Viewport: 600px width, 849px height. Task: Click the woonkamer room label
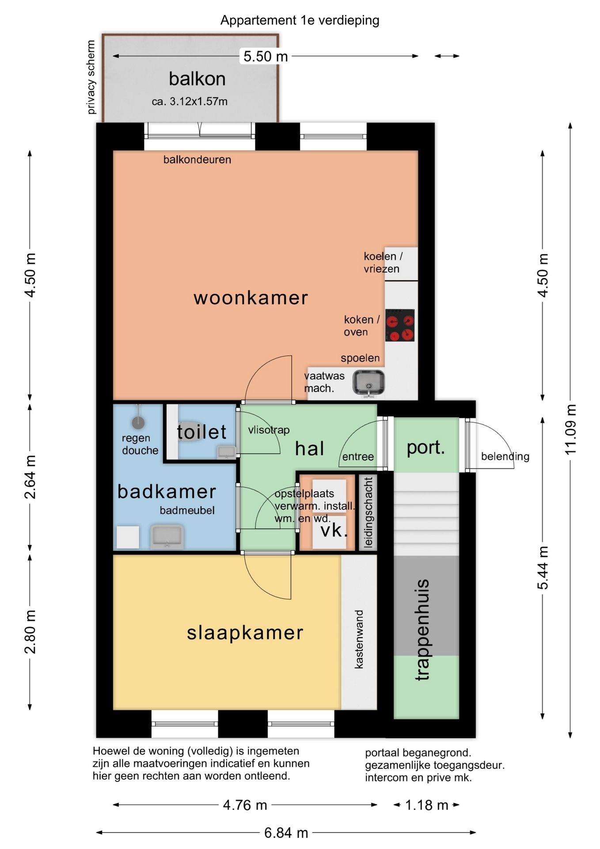(x=251, y=298)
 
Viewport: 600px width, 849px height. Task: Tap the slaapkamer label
(x=245, y=633)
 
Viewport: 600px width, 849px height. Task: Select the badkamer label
(x=167, y=491)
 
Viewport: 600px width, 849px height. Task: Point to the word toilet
(x=201, y=432)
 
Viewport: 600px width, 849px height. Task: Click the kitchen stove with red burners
(x=400, y=325)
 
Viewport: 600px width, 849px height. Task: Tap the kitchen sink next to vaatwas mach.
(x=368, y=383)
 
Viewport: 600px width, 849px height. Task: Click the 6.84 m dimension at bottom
(x=286, y=833)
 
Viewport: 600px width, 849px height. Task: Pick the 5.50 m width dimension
(x=266, y=56)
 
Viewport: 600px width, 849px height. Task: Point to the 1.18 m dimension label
(x=426, y=805)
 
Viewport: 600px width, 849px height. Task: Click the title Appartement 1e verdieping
(x=300, y=20)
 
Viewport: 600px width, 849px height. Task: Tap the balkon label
(x=197, y=79)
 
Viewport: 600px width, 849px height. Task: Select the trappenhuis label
(x=422, y=630)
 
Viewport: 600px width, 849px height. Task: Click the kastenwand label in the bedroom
(x=359, y=639)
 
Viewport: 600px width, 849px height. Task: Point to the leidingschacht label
(x=368, y=512)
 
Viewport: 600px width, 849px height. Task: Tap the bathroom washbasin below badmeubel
(x=167, y=537)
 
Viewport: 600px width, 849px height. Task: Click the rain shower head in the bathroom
(x=139, y=422)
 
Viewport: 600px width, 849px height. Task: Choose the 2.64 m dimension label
(x=30, y=477)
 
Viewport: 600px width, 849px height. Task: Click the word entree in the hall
(x=358, y=456)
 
